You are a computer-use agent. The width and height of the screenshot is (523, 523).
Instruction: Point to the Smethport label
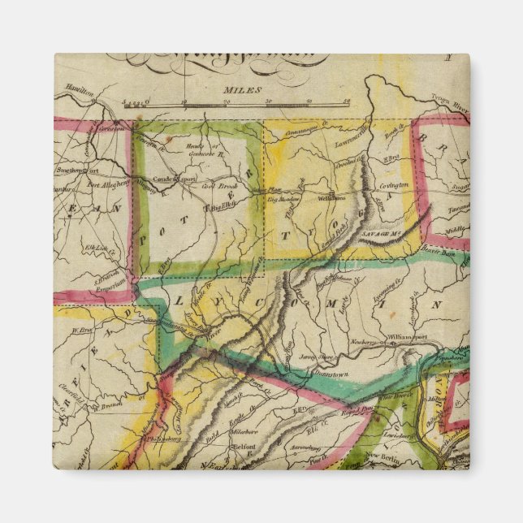[74, 172]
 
